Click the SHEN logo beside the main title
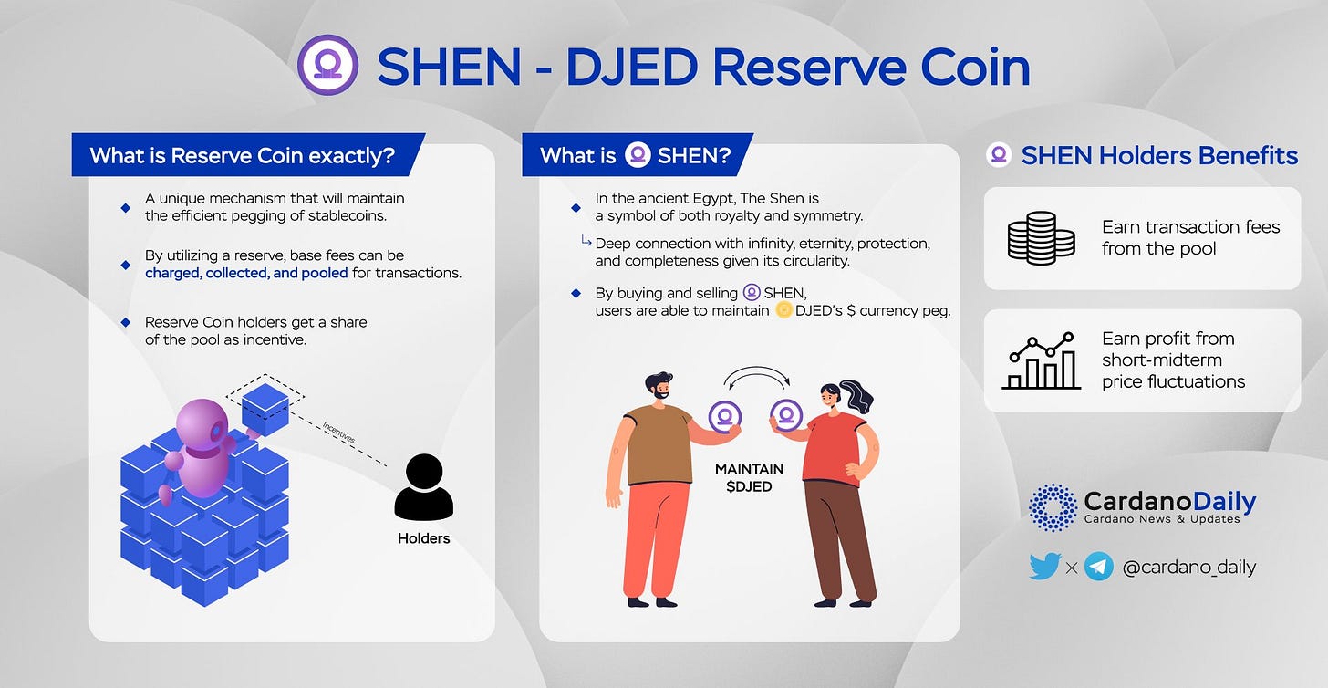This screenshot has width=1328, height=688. pos(327,65)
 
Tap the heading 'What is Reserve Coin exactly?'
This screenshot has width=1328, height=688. pos(242,155)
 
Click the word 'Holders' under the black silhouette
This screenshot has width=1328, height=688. pos(423,538)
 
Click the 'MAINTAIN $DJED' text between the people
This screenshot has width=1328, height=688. pos(749,477)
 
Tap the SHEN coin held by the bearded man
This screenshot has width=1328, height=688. pos(725,416)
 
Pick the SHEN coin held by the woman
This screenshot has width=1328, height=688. pos(785,415)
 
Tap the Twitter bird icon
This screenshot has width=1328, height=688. pos(1045,567)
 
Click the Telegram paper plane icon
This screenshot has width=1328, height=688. pos(1099,567)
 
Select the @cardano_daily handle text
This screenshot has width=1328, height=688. pos(1189,567)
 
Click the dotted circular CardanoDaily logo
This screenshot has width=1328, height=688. pos(1053,507)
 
